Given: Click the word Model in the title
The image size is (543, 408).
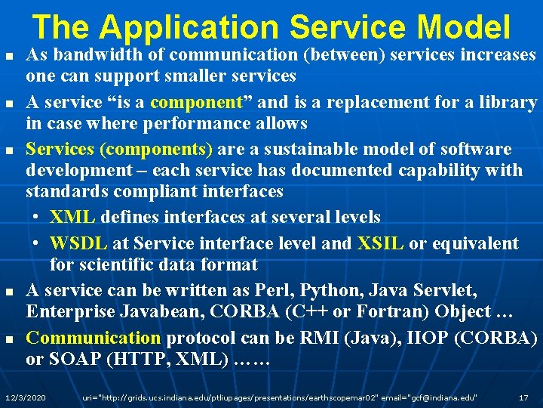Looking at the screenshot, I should pos(463,27).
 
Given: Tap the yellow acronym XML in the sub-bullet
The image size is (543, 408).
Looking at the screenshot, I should pos(72,218).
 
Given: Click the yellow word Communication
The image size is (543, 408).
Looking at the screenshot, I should pos(94,338).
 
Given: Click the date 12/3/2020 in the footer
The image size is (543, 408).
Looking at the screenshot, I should pos(25,397).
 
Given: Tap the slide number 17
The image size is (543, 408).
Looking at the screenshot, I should pos(523,397).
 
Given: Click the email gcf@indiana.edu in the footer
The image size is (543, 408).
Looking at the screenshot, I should pos(438,397).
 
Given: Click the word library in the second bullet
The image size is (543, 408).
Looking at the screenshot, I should pos(510,102).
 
